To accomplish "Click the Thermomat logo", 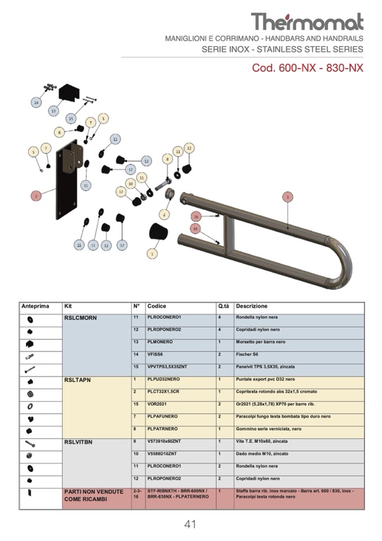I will tap(307, 22).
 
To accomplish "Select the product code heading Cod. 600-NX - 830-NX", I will tap(308, 68).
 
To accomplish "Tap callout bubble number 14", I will tap(37, 103).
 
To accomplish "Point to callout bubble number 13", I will tap(54, 111).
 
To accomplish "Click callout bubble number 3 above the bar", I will tap(287, 197).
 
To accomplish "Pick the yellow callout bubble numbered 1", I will tap(152, 254).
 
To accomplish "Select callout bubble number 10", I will tap(130, 183).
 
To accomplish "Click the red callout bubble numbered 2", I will tap(36, 196).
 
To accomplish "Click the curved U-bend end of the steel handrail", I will tap(341, 262).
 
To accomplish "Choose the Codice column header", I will tap(157, 306).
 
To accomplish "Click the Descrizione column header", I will tap(252, 306).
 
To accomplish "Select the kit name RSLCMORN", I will tap(81, 318).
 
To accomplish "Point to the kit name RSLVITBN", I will tap(81, 442).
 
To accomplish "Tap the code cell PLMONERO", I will tap(160, 342).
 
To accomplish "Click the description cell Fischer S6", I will tap(248, 354).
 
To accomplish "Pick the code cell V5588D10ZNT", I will tap(162, 454).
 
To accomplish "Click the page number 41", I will tap(190, 524).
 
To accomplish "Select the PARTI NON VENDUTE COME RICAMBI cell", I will tap(94, 495).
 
